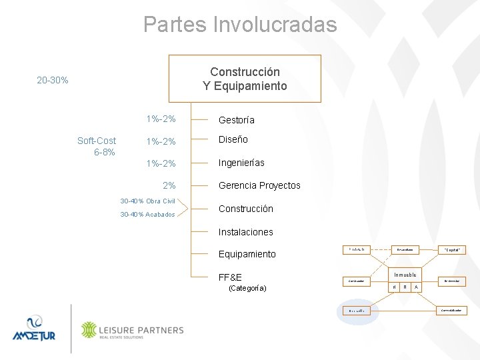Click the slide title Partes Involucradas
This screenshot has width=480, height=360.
click(240, 25)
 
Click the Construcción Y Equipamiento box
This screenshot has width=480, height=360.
click(245, 79)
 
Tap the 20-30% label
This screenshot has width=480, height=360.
click(53, 81)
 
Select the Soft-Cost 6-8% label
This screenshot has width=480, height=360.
click(97, 146)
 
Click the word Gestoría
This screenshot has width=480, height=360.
click(237, 120)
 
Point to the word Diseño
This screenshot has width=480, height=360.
click(233, 139)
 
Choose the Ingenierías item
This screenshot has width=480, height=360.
click(241, 163)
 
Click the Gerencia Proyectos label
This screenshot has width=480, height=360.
click(259, 185)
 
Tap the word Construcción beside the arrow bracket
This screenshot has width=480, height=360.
click(245, 209)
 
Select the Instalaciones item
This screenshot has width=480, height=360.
click(245, 232)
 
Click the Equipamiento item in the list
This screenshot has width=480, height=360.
click(247, 254)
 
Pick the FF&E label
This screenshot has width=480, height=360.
click(230, 277)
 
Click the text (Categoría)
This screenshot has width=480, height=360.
click(247, 288)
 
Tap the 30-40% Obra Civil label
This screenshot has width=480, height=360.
click(147, 201)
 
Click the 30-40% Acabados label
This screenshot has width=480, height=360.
click(147, 215)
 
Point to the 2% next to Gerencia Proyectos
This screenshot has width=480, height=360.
click(169, 185)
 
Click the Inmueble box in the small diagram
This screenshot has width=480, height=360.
click(405, 275)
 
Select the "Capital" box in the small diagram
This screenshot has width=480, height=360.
click(451, 249)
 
